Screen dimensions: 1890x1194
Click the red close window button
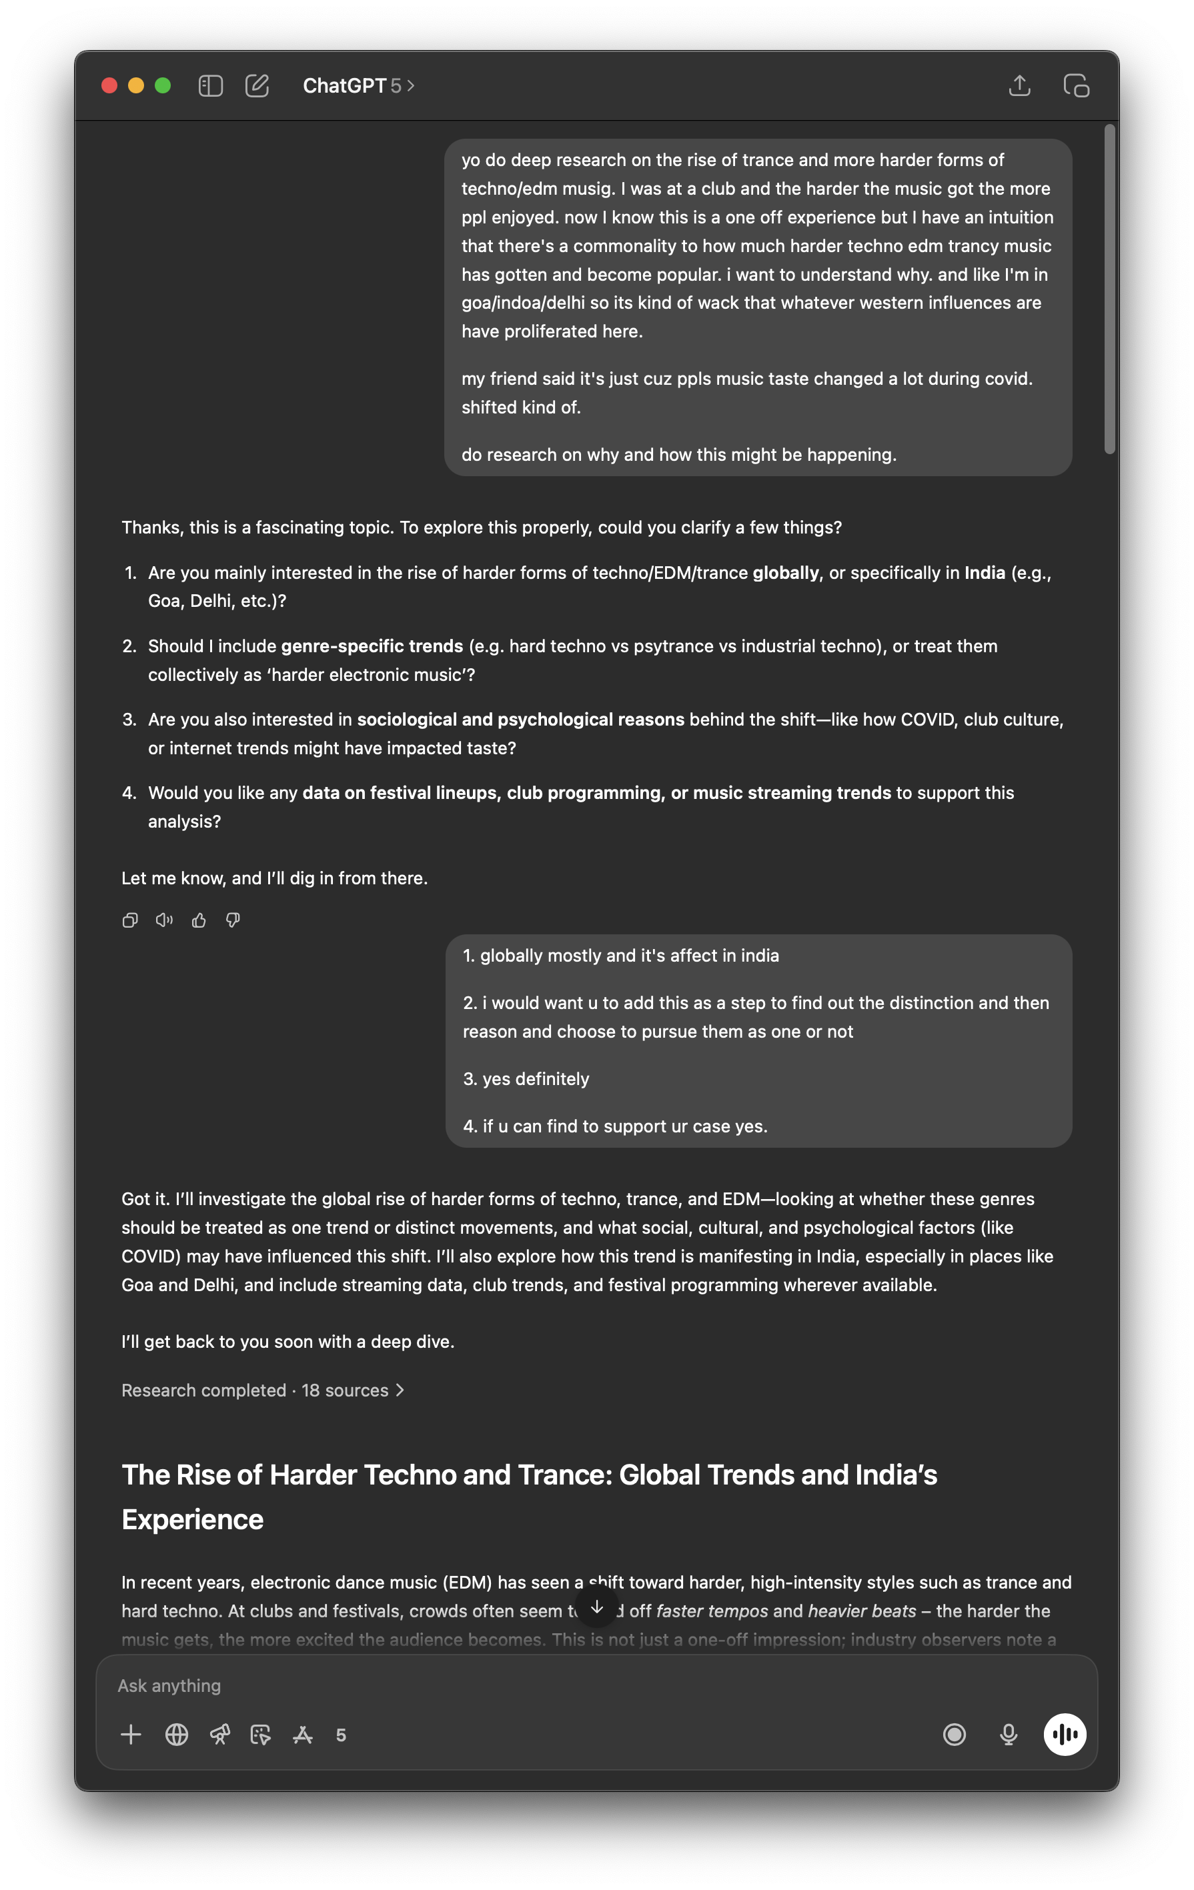pyautogui.click(x=110, y=85)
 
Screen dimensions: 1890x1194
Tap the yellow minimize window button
pyautogui.click(x=136, y=85)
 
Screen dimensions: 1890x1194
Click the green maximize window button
pyautogui.click(x=163, y=85)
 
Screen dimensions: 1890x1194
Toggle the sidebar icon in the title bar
pyautogui.click(x=210, y=85)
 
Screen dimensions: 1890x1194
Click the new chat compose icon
pyautogui.click(x=257, y=85)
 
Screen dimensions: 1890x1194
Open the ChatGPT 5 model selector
pyautogui.click(x=359, y=85)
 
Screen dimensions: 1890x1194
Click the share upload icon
pyautogui.click(x=1019, y=85)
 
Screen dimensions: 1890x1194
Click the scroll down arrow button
pyautogui.click(x=596, y=1607)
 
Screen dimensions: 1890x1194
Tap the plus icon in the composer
pyautogui.click(x=131, y=1735)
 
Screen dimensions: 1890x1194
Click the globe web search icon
pyautogui.click(x=177, y=1735)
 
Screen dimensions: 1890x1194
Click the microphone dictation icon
pyautogui.click(x=1009, y=1735)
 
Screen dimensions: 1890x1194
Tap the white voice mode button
pyautogui.click(x=1065, y=1735)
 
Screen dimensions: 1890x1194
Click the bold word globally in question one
pyautogui.click(x=785, y=573)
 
